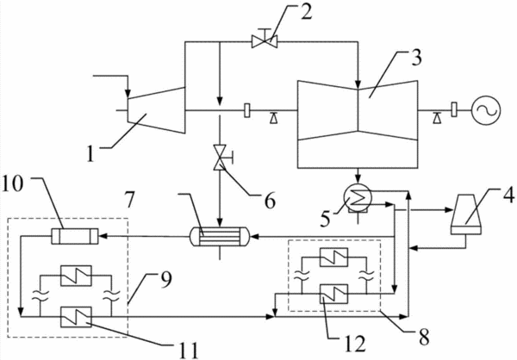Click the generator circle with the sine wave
pyautogui.click(x=486, y=110)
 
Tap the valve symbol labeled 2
pyautogui.click(x=265, y=40)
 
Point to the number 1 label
pyautogui.click(x=90, y=153)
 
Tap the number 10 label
pyautogui.click(x=13, y=183)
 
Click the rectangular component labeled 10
pyautogui.click(x=75, y=236)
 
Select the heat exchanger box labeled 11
pyautogui.click(x=76, y=317)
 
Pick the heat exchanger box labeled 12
pyautogui.click(x=333, y=294)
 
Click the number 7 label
pyautogui.click(x=129, y=200)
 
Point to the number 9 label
pyautogui.click(x=165, y=282)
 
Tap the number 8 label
pyautogui.click(x=423, y=337)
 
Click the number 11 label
pyautogui.click(x=189, y=351)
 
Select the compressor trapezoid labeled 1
pyautogui.click(x=156, y=110)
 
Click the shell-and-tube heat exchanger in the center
pyautogui.click(x=221, y=236)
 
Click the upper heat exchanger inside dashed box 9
pyautogui.click(x=76, y=276)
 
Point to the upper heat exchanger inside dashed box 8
pyautogui.click(x=333, y=257)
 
